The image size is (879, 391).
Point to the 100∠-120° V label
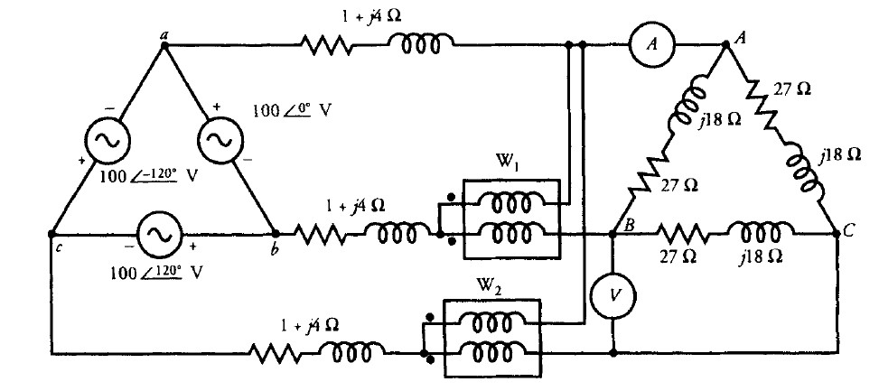tap(149, 175)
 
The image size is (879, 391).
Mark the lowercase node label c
tap(57, 246)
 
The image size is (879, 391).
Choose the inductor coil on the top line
tap(420, 44)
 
